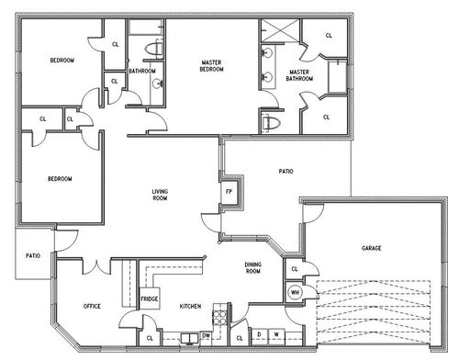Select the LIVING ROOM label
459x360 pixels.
coord(160,194)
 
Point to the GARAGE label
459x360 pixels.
coord(372,248)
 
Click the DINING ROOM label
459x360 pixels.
coord(254,267)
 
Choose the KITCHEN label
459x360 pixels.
coord(191,306)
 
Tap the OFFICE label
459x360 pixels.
coord(91,306)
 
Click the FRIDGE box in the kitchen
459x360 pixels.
coord(150,298)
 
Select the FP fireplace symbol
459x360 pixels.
coord(229,192)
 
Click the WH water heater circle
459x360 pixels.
coord(295,293)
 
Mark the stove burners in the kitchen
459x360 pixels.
coord(219,315)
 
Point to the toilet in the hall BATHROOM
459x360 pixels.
coord(156,48)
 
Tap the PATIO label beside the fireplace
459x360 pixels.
coord(285,172)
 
